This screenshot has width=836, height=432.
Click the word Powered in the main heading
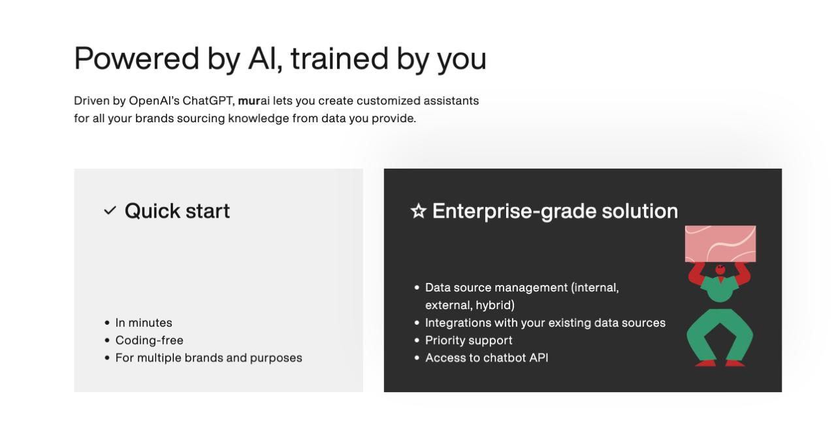[137, 58]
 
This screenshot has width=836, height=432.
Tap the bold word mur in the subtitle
[249, 101]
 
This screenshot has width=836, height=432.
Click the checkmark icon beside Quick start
[110, 210]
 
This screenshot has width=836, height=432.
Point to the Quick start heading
[177, 210]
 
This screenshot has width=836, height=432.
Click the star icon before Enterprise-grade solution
[418, 210]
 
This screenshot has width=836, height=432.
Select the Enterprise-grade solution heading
[555, 210]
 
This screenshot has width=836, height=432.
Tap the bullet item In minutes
[144, 323]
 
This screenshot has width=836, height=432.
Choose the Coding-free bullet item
[149, 341]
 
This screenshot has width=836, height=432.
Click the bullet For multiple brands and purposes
[208, 358]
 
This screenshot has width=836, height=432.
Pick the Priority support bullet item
[468, 341]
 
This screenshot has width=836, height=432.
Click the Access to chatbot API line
[487, 358]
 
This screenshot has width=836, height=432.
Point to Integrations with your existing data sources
[545, 323]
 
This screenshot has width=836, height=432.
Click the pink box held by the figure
[720, 243]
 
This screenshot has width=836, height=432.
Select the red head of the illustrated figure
[720, 269]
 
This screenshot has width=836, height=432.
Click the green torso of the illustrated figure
[720, 290]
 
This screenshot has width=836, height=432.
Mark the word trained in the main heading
[339, 58]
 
